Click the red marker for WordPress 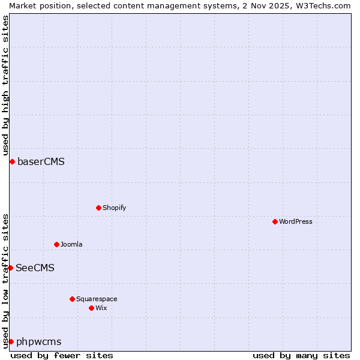click(x=275, y=221)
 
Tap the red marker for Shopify click(x=98, y=208)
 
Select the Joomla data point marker click(x=56, y=244)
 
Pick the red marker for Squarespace click(x=72, y=299)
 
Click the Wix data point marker click(x=91, y=308)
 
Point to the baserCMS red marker click(x=12, y=161)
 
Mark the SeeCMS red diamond click(x=10, y=268)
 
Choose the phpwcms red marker click(x=11, y=341)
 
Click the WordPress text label click(x=295, y=221)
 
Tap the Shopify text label click(x=114, y=208)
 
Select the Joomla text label click(x=71, y=244)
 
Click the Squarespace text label click(x=97, y=299)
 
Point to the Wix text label click(x=101, y=308)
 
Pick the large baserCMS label click(x=41, y=161)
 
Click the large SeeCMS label click(x=35, y=268)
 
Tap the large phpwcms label click(x=38, y=341)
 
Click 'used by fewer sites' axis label click(x=62, y=355)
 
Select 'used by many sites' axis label click(x=301, y=355)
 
